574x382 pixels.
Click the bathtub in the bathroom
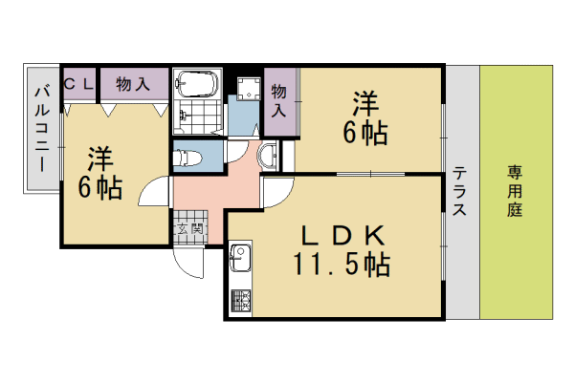(x=199, y=85)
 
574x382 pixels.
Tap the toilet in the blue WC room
(x=189, y=156)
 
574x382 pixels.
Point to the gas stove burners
(x=239, y=302)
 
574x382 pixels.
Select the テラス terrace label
(x=460, y=192)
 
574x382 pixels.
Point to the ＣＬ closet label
(x=78, y=84)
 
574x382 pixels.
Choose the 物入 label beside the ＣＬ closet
(x=133, y=84)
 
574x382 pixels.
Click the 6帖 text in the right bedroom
(x=366, y=133)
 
